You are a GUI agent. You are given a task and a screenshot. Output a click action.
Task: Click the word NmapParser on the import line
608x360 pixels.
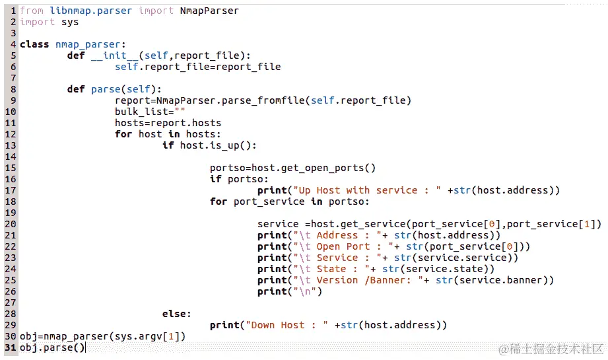[x=209, y=11]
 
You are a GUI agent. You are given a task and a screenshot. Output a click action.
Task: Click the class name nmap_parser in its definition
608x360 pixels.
[x=83, y=44]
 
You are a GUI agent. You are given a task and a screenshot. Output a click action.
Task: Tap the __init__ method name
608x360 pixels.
[x=115, y=55]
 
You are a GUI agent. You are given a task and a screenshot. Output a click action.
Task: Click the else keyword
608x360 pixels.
[x=176, y=314]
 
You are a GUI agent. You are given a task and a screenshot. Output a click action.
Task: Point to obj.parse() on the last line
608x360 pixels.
[x=52, y=347]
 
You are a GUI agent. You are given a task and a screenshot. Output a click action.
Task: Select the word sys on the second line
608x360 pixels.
[x=69, y=22]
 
